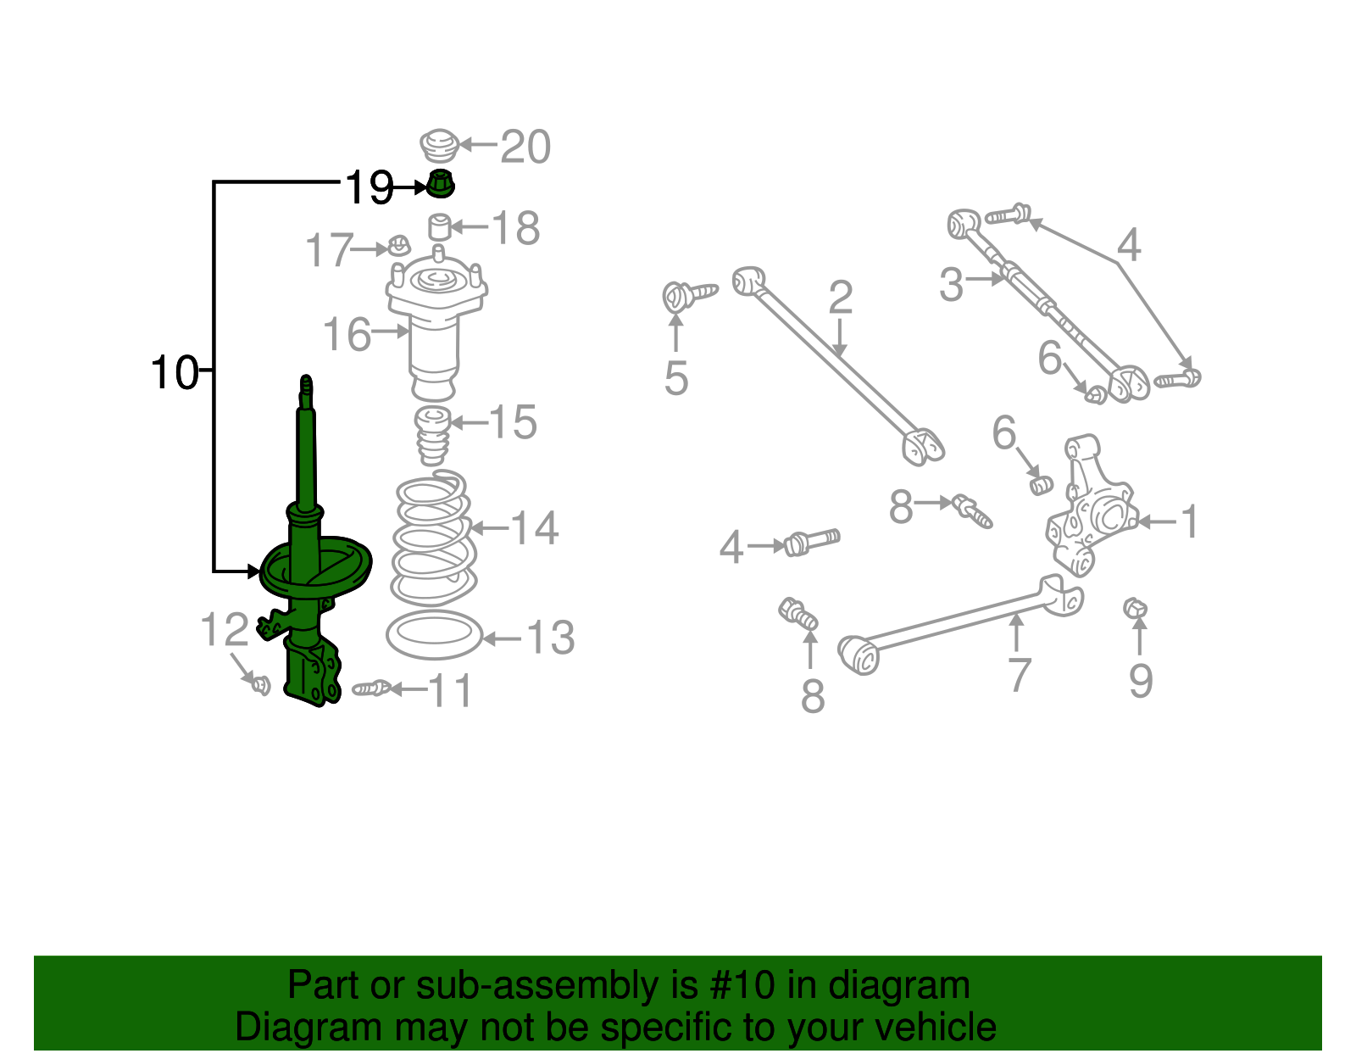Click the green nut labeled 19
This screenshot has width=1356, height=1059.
coord(440,183)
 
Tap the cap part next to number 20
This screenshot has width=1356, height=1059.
coord(439,146)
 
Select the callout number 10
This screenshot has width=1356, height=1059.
coord(175,372)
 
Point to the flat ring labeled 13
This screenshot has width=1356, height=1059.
coord(434,634)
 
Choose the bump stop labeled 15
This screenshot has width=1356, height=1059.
coord(433,434)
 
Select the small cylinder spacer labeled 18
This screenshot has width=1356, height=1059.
coord(438,226)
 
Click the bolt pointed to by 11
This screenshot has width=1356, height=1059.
coord(371,688)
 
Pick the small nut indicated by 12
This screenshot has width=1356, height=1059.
coord(261,683)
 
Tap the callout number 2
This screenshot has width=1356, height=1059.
coord(840,298)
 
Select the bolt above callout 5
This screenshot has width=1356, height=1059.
coord(686,295)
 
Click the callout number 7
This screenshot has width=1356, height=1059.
coord(1018,674)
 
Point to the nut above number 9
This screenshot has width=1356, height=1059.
coord(1135,607)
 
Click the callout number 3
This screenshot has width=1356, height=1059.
coord(952,284)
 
